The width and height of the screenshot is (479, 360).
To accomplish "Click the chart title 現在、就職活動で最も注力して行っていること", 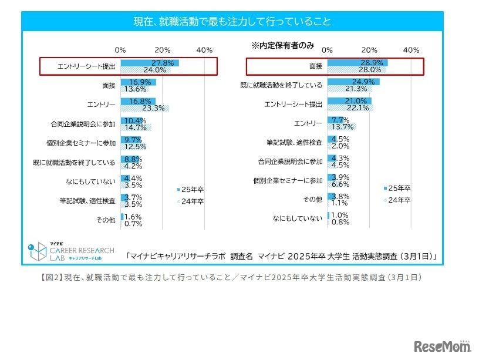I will [x=232, y=22].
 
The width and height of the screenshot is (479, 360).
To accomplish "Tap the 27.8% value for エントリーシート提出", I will [x=161, y=62].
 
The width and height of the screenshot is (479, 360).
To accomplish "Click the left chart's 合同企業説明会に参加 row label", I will [x=83, y=124].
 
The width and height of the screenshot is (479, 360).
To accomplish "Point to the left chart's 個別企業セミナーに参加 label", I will [x=83, y=143].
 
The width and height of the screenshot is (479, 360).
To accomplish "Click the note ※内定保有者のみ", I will [x=283, y=45].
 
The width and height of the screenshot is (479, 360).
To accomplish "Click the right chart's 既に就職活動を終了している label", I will [x=281, y=85].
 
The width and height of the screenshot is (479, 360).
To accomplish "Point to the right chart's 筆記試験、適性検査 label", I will [x=294, y=143].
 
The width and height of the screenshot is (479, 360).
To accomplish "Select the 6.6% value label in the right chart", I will [x=342, y=184].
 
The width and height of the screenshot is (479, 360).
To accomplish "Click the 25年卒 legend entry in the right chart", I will [x=400, y=188].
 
